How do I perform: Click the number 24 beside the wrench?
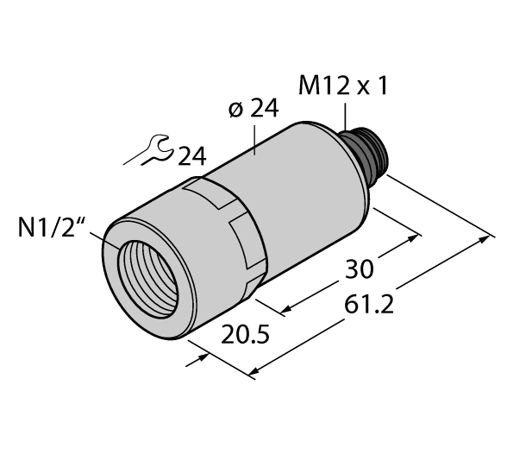pyautogui.click(x=192, y=155)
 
